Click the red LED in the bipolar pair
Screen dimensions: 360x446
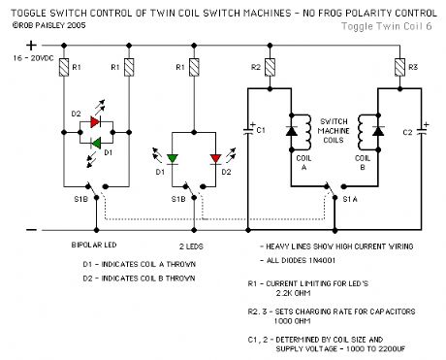[x=95, y=121]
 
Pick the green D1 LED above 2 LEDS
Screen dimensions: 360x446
[x=174, y=158]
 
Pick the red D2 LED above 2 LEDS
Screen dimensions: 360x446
[x=214, y=158]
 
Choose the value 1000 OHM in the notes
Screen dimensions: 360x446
[x=302, y=322]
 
